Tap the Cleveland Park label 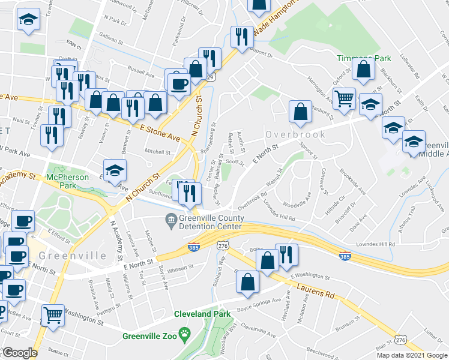tap(203, 314)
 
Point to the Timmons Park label tap(364, 58)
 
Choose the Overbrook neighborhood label tap(296, 134)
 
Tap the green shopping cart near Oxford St tap(343, 98)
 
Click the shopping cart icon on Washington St tap(53, 314)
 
